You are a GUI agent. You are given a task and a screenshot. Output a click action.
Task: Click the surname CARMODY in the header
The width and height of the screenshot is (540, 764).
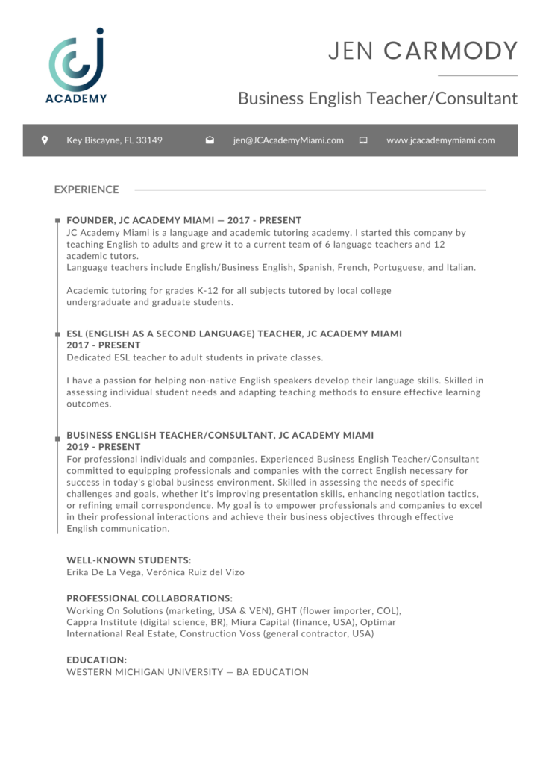pyautogui.click(x=450, y=51)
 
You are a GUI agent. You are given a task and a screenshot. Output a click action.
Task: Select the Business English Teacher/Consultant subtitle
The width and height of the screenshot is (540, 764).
pyautogui.click(x=377, y=98)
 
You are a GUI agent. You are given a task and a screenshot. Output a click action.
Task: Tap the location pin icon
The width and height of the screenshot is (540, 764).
pyautogui.click(x=44, y=140)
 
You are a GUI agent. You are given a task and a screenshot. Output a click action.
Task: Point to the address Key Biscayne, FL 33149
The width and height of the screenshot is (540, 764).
pyautogui.click(x=114, y=140)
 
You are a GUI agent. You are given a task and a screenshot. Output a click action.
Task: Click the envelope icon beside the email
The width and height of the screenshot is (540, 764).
pyautogui.click(x=210, y=140)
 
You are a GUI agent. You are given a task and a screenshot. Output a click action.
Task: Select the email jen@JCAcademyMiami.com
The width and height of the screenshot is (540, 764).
pyautogui.click(x=288, y=140)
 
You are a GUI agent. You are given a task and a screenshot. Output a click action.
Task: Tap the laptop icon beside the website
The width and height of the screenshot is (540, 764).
pyautogui.click(x=363, y=140)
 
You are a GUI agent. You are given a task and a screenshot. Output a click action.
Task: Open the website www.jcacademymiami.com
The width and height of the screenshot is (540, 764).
pyautogui.click(x=441, y=140)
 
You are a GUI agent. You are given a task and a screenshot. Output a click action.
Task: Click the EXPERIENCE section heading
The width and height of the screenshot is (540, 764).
pyautogui.click(x=87, y=190)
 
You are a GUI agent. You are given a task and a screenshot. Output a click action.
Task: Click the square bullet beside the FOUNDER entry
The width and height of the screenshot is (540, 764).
pyautogui.click(x=57, y=221)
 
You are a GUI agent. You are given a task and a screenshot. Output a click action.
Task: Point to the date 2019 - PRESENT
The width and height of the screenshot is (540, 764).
pyautogui.click(x=103, y=447)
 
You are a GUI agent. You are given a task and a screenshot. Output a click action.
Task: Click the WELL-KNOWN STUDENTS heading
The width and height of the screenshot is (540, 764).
pyautogui.click(x=128, y=560)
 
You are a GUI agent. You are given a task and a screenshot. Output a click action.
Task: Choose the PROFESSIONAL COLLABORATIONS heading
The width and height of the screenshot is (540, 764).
pyautogui.click(x=149, y=598)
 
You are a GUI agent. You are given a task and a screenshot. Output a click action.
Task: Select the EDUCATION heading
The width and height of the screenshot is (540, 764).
pyautogui.click(x=96, y=660)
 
